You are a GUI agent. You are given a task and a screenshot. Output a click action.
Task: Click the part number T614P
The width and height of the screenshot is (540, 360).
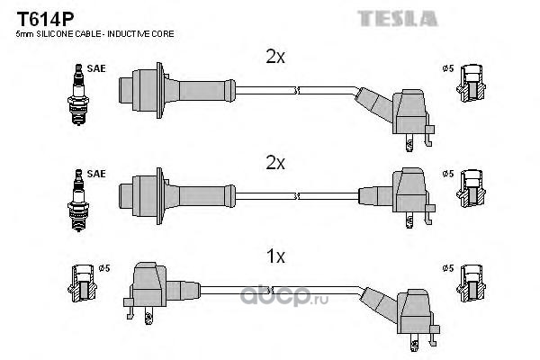pos(45,19)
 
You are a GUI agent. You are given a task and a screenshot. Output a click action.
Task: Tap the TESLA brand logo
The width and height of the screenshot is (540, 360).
pos(398,19)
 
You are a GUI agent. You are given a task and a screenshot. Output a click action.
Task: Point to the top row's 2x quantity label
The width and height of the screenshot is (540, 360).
pos(275,57)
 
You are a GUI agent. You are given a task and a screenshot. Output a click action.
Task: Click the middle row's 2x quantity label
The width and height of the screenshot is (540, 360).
pos(275,163)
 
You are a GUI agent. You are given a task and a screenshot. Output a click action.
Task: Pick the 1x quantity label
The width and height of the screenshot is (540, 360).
pos(276,256)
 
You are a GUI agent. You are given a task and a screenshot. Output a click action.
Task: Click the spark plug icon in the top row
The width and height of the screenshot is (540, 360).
pos(78,94)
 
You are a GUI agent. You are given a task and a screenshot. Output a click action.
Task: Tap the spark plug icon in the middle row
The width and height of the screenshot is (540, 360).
pos(78,200)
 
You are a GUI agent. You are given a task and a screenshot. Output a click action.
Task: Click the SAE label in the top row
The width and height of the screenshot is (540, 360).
pos(96,68)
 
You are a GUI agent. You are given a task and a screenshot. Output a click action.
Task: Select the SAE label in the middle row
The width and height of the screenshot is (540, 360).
pos(96,174)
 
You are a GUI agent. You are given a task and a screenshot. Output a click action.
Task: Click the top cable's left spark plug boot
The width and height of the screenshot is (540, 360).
pos(177,90)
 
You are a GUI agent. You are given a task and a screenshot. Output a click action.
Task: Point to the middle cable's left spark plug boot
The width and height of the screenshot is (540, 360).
pos(177,196)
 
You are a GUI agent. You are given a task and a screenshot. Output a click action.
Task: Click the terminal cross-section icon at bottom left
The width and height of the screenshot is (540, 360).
pos(82,283)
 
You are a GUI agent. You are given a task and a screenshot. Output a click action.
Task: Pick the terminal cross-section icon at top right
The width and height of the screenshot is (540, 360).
pos(471,84)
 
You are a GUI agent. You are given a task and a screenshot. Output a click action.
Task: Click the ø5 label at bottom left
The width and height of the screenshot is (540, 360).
pos(104,268)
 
